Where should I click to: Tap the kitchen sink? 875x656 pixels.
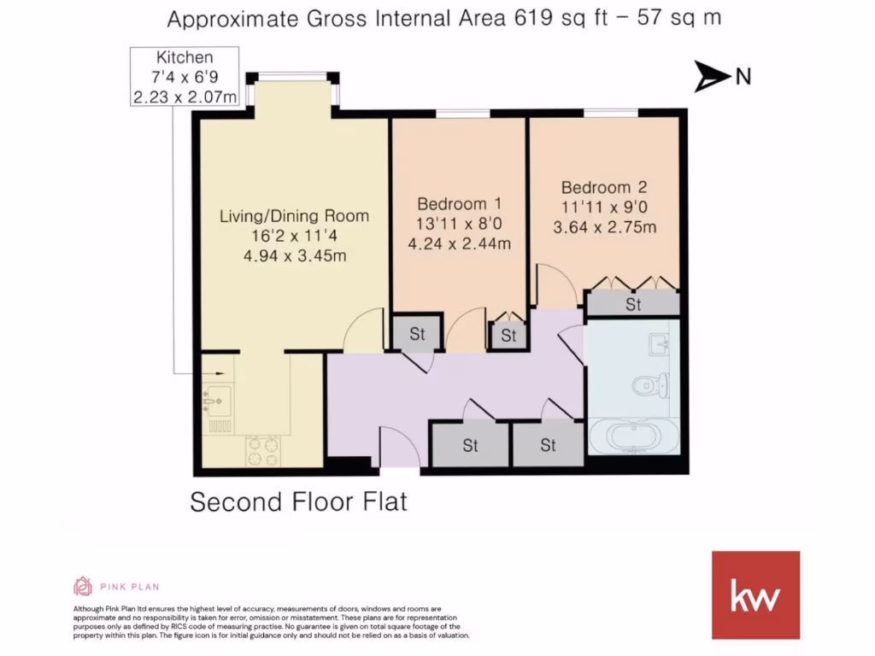coord(217,400)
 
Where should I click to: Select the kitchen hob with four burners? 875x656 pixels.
coord(263,450)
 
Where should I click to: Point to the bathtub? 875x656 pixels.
coord(633,438)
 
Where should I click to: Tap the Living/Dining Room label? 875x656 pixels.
coord(294,215)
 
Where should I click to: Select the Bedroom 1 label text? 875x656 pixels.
coord(459,204)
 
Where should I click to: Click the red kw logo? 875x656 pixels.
coord(755,594)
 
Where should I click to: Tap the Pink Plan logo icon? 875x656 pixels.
coord(83,586)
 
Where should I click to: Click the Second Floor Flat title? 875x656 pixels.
coord(298,501)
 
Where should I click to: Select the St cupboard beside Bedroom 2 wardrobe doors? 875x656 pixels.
coord(632,304)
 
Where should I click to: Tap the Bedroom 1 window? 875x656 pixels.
coord(462,114)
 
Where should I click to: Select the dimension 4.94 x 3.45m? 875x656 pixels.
coord(294,256)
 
